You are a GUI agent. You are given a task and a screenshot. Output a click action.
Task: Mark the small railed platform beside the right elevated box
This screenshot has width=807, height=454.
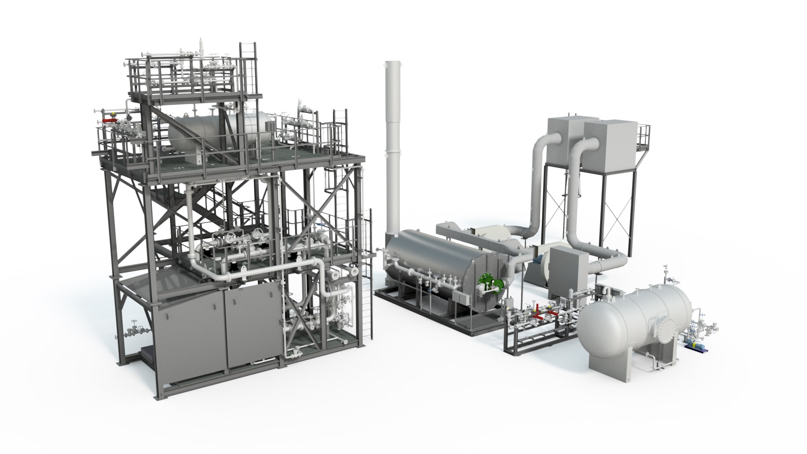pyautogui.click(x=643, y=137)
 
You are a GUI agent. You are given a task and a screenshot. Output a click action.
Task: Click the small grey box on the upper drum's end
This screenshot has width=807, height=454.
pyautogui.click(x=269, y=125)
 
